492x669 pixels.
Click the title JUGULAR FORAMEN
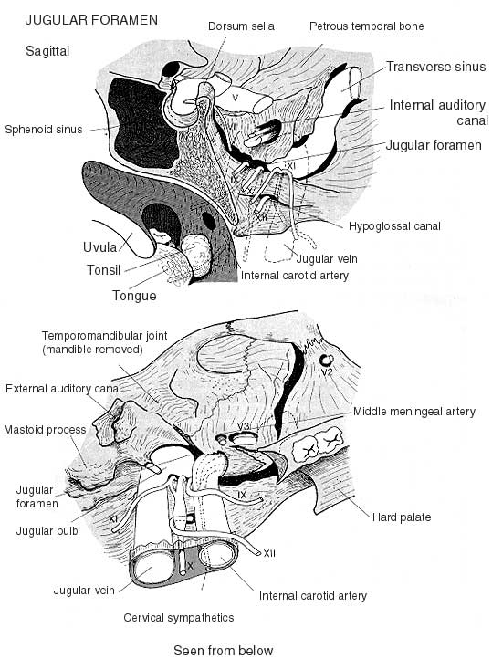91,20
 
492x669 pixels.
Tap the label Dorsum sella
241,26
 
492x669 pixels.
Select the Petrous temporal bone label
367,26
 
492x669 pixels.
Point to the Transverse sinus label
435,67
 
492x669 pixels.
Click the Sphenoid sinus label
44,130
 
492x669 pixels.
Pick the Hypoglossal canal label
394,226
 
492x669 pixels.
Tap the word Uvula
99,247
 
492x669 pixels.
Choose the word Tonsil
104,270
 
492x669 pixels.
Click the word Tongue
134,296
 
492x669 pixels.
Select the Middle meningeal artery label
414,412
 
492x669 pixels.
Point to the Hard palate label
402,517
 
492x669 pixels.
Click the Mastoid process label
45,430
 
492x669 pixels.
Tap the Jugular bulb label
47,531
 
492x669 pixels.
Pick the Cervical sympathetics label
178,617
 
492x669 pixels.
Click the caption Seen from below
223,651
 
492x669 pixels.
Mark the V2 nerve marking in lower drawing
327,372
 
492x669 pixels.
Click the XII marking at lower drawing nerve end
269,553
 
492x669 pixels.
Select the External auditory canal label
63,389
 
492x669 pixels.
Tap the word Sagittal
47,51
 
